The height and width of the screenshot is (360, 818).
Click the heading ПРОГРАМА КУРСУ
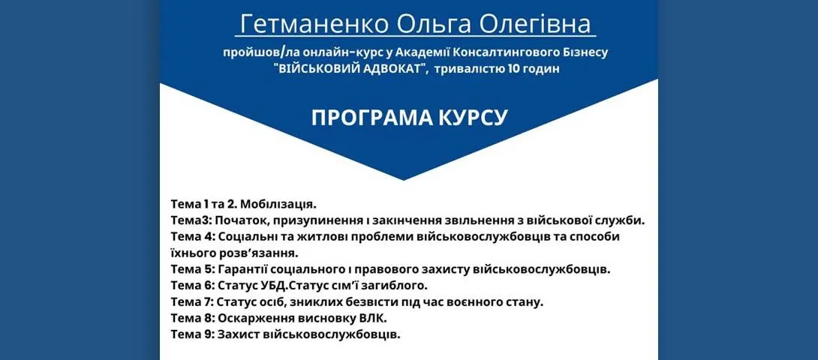409,118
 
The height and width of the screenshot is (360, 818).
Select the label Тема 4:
193,236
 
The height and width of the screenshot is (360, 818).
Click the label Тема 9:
193,334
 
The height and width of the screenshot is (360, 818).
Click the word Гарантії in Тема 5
242,269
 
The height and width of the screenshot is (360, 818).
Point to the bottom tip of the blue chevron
403,180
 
